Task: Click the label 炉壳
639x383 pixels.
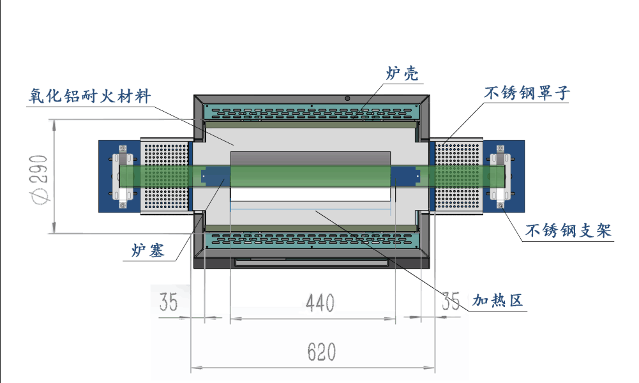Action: (x=402, y=73)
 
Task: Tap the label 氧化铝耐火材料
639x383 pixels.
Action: (x=89, y=96)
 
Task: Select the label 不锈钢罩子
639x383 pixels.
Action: (x=527, y=93)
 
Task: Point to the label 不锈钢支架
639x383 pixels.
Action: (x=568, y=230)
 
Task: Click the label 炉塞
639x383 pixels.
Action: (x=148, y=250)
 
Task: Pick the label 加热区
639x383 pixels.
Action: (x=497, y=301)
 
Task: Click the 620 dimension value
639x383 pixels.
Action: (x=322, y=352)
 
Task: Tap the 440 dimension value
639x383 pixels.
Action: (x=320, y=303)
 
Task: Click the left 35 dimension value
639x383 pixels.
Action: (x=169, y=302)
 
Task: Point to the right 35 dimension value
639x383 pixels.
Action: (x=451, y=301)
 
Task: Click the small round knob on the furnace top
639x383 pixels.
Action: (x=347, y=98)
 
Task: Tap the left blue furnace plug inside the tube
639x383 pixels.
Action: (x=216, y=176)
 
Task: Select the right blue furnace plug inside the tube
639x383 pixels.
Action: (x=405, y=176)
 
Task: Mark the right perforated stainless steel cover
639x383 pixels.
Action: (x=459, y=176)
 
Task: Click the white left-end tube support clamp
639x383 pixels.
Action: (x=123, y=176)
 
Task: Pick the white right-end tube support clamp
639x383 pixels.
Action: (x=500, y=176)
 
